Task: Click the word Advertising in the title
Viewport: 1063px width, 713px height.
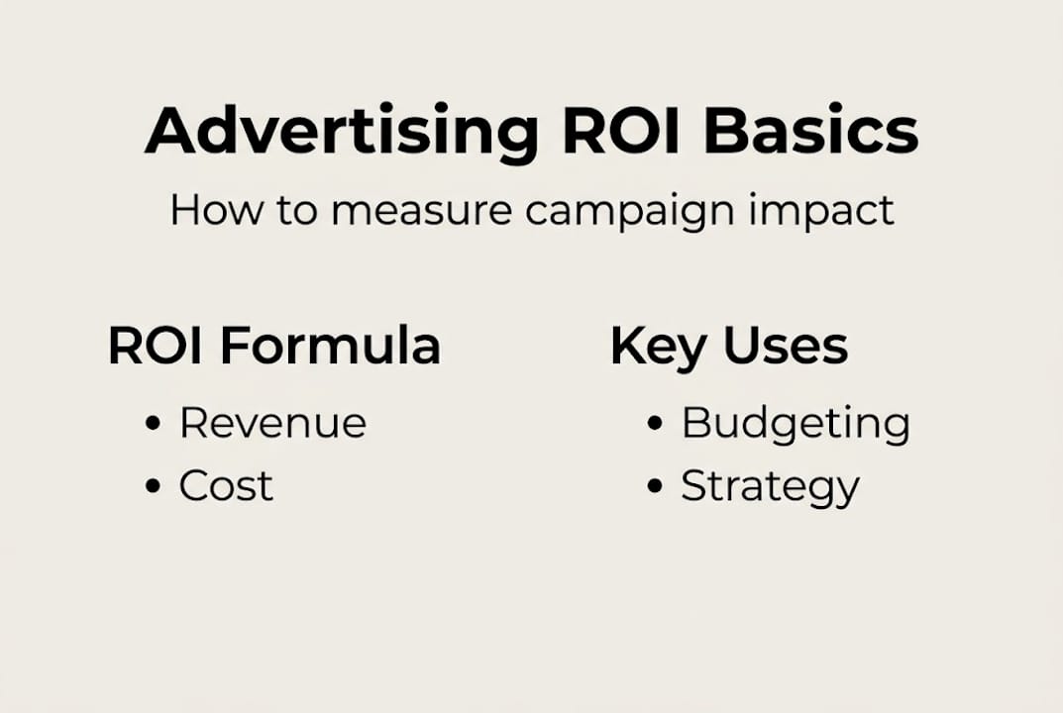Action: click(342, 132)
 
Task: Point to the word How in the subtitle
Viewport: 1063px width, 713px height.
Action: click(207, 210)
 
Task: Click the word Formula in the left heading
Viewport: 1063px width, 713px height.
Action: click(330, 347)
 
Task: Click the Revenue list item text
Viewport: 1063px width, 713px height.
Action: click(272, 423)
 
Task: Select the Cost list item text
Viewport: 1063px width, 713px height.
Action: click(226, 485)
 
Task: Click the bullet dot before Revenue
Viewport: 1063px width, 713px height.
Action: click(153, 424)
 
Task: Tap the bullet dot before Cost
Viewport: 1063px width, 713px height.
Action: click(153, 486)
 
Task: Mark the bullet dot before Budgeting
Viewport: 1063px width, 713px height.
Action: click(654, 424)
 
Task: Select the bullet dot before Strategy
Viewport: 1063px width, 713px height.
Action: click(654, 486)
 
